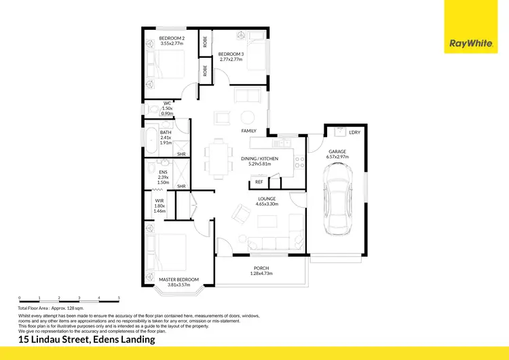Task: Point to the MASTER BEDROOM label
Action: tap(178, 279)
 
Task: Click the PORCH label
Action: tap(261, 268)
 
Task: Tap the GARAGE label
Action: tap(337, 152)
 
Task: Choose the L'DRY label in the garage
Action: tap(353, 132)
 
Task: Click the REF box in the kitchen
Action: tap(259, 182)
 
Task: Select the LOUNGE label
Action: tap(267, 199)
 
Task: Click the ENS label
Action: tap(163, 172)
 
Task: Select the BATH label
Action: tap(166, 132)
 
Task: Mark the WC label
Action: tap(166, 103)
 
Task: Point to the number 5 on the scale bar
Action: tap(119, 298)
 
